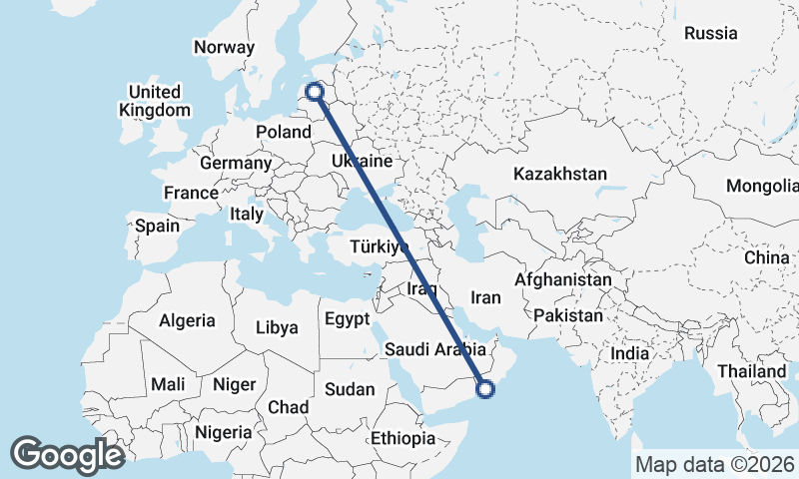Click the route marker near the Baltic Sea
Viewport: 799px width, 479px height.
[316, 92]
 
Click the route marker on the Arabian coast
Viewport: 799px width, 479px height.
[486, 389]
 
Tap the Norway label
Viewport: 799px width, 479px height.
[225, 47]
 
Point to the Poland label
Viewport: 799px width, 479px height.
[284, 132]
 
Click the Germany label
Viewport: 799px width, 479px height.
[236, 163]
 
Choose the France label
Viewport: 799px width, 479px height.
[192, 193]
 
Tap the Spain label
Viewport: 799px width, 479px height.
[157, 226]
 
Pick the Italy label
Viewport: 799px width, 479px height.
[247, 214]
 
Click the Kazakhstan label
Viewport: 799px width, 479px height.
[560, 174]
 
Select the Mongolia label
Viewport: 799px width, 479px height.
[763, 186]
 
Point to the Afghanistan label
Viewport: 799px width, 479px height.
[563, 280]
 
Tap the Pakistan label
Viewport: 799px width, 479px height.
[568, 315]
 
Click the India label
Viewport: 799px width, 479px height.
[629, 353]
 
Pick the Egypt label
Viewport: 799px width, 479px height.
[348, 319]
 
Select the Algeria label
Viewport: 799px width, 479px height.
[187, 320]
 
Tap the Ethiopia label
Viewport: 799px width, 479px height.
[403, 438]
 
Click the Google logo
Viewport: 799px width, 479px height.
[67, 455]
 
